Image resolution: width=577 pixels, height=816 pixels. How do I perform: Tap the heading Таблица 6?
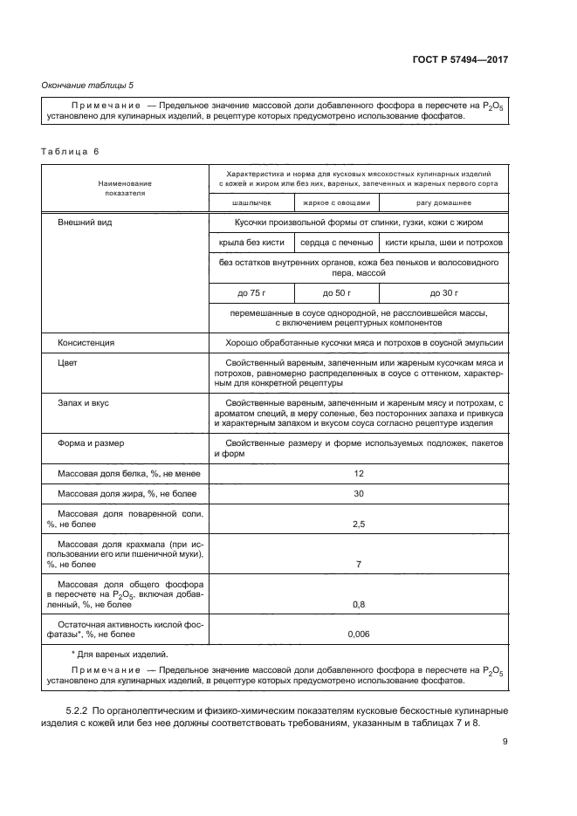tap(71, 151)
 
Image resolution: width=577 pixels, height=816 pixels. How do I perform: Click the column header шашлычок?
tap(251, 202)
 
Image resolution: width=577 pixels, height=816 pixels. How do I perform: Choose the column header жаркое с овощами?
tap(336, 202)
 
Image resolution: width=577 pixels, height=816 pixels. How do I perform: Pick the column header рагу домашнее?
tap(443, 202)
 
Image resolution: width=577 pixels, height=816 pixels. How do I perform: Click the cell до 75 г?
tap(251, 292)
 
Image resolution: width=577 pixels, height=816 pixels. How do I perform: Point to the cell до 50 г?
tap(336, 292)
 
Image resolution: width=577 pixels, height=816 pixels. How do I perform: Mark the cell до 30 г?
tap(443, 292)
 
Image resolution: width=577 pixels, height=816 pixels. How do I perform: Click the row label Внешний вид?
tap(84, 223)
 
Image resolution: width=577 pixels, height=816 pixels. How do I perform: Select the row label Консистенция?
tap(86, 343)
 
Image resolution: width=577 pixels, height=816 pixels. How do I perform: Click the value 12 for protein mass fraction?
tap(358, 473)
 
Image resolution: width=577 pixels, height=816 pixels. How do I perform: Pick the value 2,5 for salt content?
tap(358, 524)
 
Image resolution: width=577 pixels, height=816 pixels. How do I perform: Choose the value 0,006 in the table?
tap(358, 634)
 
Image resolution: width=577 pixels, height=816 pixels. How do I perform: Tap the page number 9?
tap(505, 743)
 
